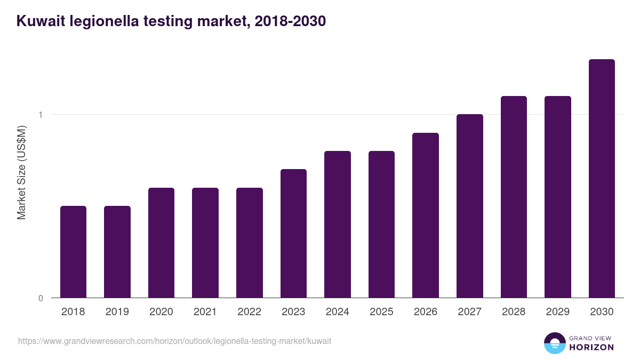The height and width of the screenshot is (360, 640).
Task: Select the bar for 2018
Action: point(73,252)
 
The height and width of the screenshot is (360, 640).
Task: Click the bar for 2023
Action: point(293,233)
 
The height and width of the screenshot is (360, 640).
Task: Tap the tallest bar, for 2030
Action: point(602,178)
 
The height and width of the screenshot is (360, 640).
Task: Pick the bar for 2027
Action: point(469,206)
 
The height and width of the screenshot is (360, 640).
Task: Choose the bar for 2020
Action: point(161,243)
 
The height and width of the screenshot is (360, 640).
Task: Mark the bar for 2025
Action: point(381,224)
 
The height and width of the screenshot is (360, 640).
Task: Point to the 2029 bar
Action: point(557,197)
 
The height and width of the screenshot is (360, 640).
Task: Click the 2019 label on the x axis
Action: point(117,312)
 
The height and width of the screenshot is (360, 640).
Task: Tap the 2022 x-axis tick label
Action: point(249,312)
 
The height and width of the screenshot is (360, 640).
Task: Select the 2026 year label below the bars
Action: point(425,312)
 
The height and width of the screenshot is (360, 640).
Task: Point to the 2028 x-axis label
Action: point(513,312)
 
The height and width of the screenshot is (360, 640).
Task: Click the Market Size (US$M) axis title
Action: point(21,172)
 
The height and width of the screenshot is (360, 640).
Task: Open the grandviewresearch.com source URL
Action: point(174,341)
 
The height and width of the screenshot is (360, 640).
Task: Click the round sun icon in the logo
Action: point(554,343)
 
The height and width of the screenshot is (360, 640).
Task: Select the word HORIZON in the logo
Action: point(591,347)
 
